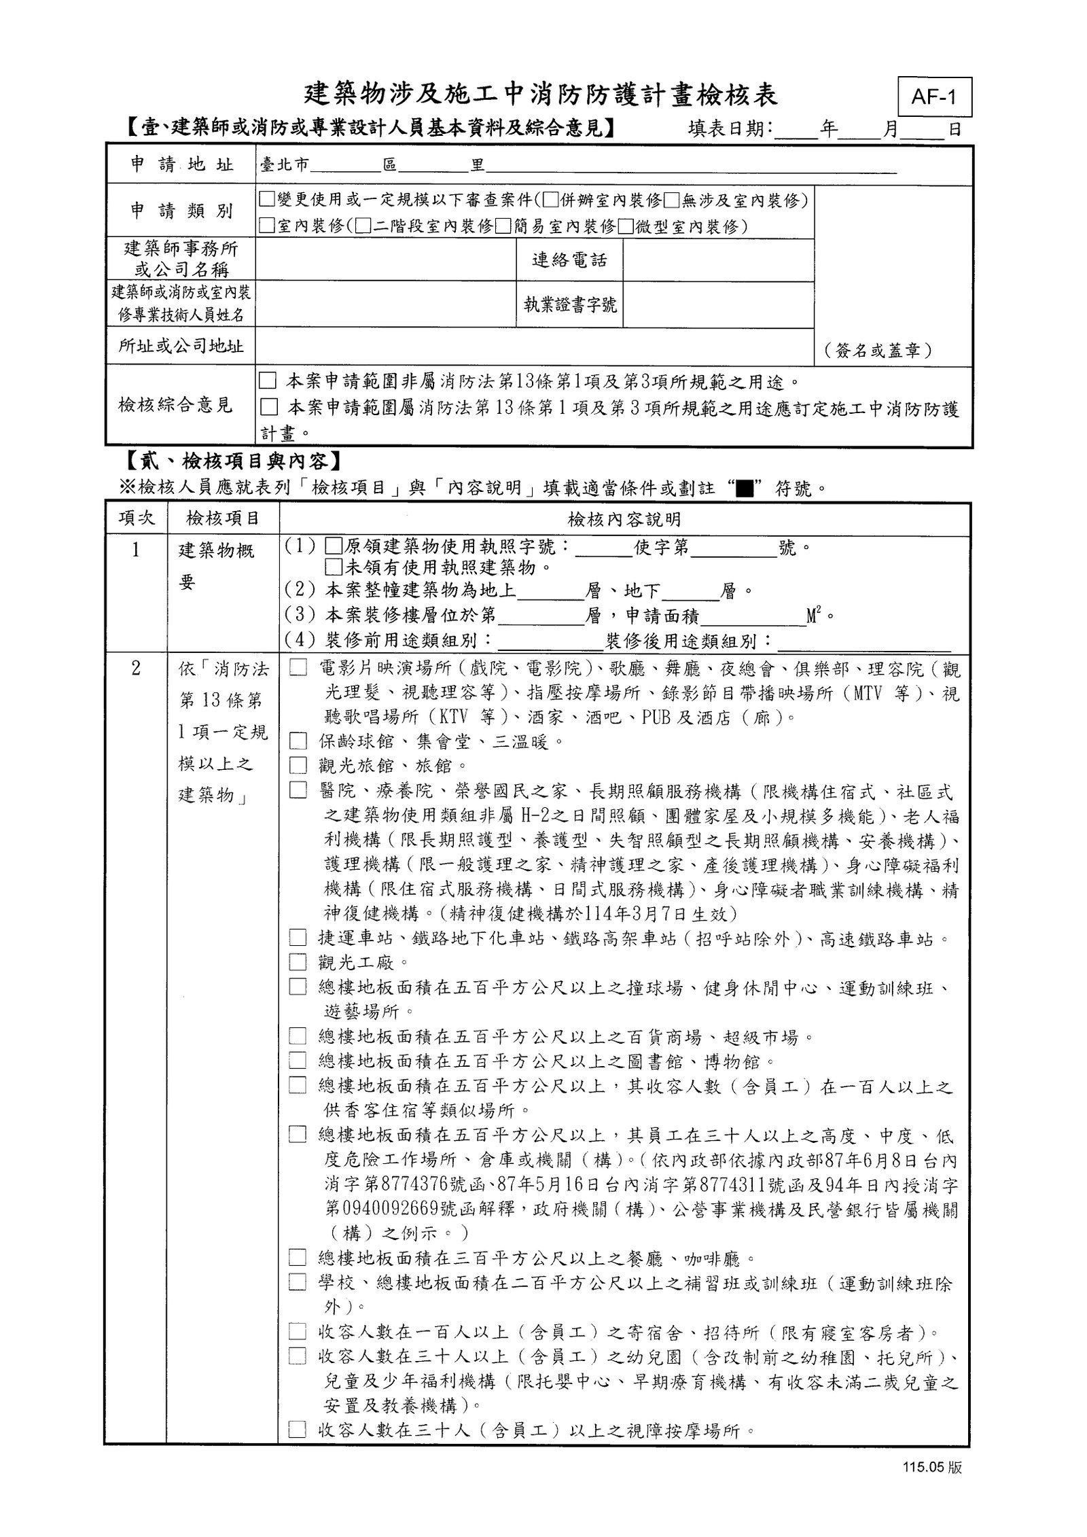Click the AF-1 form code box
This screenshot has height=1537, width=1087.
click(933, 97)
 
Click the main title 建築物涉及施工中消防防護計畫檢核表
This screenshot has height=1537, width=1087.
click(541, 95)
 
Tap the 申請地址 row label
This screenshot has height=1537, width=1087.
click(181, 164)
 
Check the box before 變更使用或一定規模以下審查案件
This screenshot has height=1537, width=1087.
click(266, 200)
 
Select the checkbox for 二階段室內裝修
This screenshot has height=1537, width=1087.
click(363, 226)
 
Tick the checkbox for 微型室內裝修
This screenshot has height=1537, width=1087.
click(626, 226)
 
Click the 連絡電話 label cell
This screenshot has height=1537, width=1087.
click(569, 260)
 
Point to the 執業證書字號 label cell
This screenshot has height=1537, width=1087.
click(569, 304)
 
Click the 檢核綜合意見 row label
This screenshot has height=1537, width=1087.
click(175, 405)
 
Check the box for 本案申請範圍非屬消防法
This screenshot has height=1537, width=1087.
click(268, 381)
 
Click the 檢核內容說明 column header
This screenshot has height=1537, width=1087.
click(624, 520)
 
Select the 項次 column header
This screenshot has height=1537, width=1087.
click(137, 518)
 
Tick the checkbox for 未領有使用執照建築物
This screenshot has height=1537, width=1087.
click(332, 567)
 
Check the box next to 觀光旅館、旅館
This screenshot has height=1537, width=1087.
click(298, 765)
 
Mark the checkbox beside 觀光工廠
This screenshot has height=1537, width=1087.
click(298, 962)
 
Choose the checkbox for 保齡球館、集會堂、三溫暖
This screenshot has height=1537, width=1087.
click(298, 741)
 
